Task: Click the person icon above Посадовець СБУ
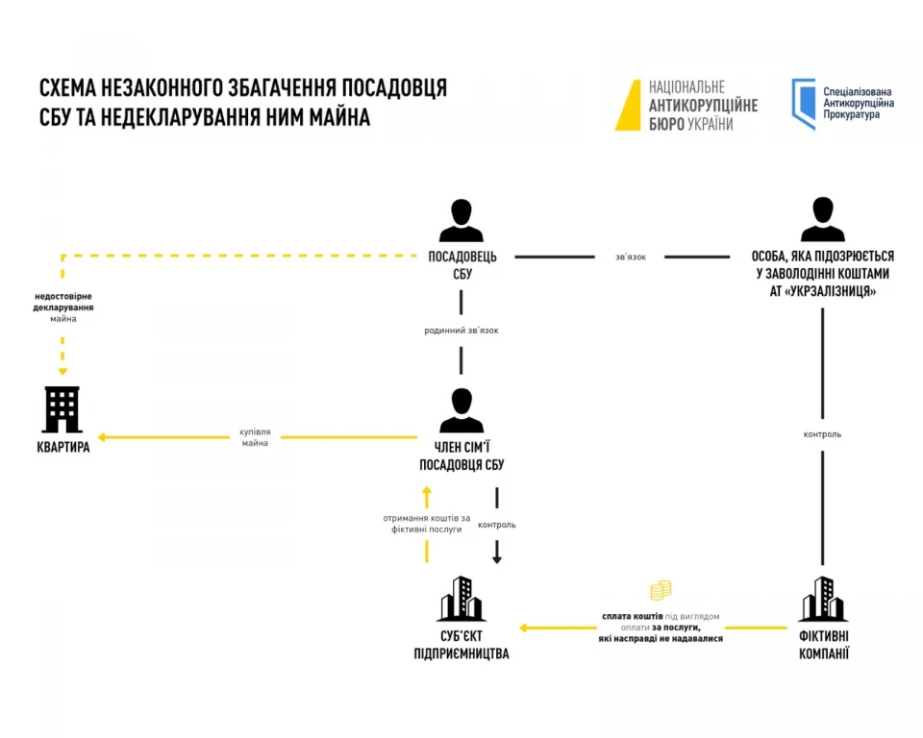click(x=461, y=220)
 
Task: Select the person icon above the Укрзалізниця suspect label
click(x=822, y=220)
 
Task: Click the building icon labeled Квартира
click(x=62, y=409)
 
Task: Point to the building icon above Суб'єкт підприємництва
click(x=461, y=599)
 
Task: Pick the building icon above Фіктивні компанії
click(x=822, y=599)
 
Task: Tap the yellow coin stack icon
click(x=660, y=591)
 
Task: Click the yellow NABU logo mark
click(x=629, y=105)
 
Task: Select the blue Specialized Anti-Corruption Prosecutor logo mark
click(x=803, y=104)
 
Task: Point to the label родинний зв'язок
click(x=461, y=331)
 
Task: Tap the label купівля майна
click(x=255, y=437)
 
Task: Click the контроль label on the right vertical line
click(x=822, y=434)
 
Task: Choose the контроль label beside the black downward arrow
click(x=497, y=525)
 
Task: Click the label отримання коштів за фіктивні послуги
click(x=426, y=524)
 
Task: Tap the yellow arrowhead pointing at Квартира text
click(x=101, y=437)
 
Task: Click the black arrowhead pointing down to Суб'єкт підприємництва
click(x=497, y=557)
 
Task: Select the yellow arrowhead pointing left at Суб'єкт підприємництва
click(x=524, y=628)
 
